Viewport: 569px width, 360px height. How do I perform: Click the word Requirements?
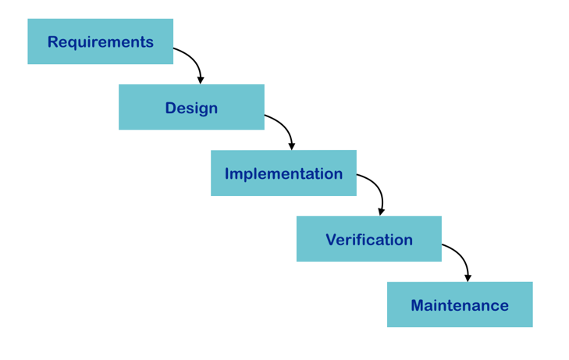pyautogui.click(x=101, y=42)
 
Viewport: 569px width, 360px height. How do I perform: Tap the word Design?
pyautogui.click(x=191, y=109)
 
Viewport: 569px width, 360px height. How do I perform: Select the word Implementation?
pyautogui.click(x=283, y=174)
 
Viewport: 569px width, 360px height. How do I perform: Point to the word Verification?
pyautogui.click(x=369, y=240)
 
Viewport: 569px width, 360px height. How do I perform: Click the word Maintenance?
pyautogui.click(x=460, y=305)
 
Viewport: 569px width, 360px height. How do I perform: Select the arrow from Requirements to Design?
pyautogui.click(x=194, y=59)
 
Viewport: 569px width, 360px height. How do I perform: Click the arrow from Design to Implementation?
pyautogui.click(x=286, y=127)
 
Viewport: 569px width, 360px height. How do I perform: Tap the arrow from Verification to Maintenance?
pyautogui.click(x=462, y=256)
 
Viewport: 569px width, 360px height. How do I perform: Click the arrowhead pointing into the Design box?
pyautogui.click(x=201, y=80)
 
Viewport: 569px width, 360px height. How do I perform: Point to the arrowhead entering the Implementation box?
pyautogui.click(x=292, y=146)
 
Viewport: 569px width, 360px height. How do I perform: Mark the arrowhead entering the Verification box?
pyautogui.click(x=381, y=212)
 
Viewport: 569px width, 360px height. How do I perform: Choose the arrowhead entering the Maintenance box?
pyautogui.click(x=468, y=278)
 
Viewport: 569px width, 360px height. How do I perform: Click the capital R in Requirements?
pyautogui.click(x=53, y=41)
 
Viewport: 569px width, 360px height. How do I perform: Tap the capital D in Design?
pyautogui.click(x=171, y=108)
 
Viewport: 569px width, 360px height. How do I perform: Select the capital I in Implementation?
pyautogui.click(x=227, y=174)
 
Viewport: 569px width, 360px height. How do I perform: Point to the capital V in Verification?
pyautogui.click(x=331, y=240)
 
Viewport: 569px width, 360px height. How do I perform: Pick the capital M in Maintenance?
pyautogui.click(x=418, y=305)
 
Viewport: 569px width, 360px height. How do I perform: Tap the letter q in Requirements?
pyautogui.click(x=74, y=45)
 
